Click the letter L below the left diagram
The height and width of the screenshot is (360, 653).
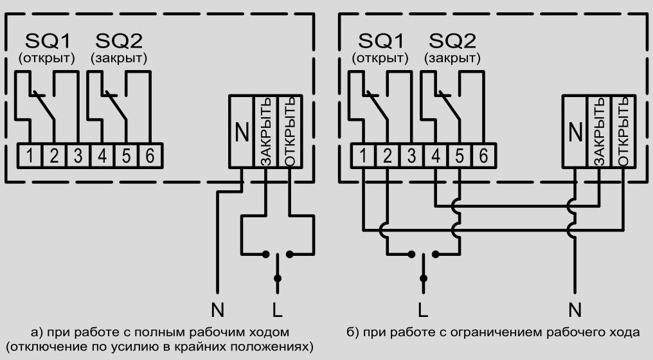point(277,310)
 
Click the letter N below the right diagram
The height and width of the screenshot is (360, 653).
point(575,310)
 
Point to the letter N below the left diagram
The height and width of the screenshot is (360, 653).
point(219,310)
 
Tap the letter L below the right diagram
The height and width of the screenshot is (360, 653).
point(422,310)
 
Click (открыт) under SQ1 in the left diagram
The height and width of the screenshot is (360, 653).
point(46,59)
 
